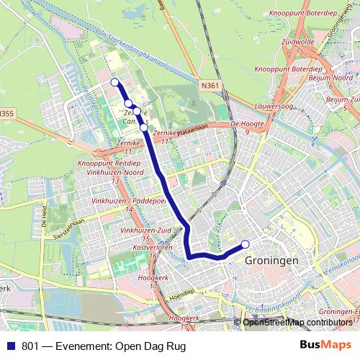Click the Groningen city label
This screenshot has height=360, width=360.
coord(271,261)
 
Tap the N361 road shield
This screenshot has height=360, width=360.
coord(210,86)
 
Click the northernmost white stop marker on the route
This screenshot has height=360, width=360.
coord(114,82)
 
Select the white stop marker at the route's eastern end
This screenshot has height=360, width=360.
coord(245,243)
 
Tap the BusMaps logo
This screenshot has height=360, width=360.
coord(325,346)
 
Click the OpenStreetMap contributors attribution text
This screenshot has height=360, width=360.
coord(298,322)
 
